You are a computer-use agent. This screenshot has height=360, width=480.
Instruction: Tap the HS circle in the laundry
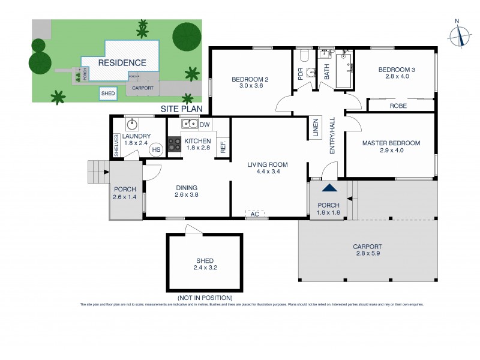(x=156, y=149)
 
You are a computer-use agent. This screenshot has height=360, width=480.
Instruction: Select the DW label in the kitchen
(x=205, y=125)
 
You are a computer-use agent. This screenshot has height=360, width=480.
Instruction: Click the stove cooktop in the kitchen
(x=174, y=144)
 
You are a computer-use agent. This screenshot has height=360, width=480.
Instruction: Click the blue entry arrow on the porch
(x=328, y=188)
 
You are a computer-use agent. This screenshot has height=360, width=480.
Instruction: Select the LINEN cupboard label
(x=315, y=128)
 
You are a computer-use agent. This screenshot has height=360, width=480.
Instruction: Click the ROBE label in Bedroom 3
(x=398, y=105)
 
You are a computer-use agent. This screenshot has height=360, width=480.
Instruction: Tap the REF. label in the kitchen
(x=223, y=146)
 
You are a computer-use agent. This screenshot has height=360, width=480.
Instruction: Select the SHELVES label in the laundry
(x=117, y=144)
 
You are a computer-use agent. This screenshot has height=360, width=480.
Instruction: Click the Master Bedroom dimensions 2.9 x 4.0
(x=391, y=152)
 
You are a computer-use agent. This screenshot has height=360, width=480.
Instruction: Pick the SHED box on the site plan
(x=108, y=94)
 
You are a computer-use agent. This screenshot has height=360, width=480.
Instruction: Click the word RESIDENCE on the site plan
(x=122, y=62)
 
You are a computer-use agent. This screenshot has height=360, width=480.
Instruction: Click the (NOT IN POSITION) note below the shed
(x=205, y=298)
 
